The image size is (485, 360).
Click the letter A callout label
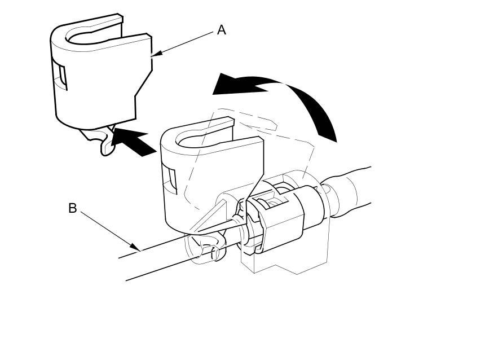click(222, 30)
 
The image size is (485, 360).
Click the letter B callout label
click(72, 208)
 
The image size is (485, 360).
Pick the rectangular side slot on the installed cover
click(170, 178)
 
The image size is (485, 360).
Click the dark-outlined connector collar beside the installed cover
click(282, 220)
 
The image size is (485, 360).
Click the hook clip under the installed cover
click(211, 248)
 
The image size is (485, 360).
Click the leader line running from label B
click(107, 228)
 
